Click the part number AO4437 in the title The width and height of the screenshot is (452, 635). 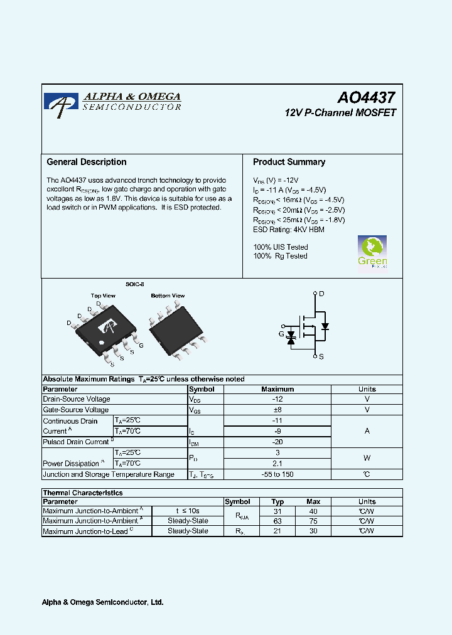pos(366,98)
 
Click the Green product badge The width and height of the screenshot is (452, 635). pos(372,252)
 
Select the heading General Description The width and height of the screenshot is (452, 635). pos(87,162)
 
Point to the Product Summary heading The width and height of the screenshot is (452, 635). pos(289,162)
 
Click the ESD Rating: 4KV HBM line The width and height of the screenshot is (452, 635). pos(289,230)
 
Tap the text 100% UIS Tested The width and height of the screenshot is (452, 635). pos(281,247)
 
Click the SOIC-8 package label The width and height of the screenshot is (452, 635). pos(134,284)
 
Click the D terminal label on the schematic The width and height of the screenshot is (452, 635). pos(321,294)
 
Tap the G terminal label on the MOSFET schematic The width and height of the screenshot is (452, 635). pos(281,334)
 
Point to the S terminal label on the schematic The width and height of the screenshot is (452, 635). pos(321,356)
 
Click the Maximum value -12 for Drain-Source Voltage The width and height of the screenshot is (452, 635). pos(277,399)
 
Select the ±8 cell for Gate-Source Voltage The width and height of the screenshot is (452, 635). pos(277,410)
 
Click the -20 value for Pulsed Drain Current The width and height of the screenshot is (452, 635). pos(277,442)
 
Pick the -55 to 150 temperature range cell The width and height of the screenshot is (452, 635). pos(277,474)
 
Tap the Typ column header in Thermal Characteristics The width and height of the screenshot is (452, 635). pos(277,501)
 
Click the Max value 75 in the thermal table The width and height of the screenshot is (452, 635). pos(314,521)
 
